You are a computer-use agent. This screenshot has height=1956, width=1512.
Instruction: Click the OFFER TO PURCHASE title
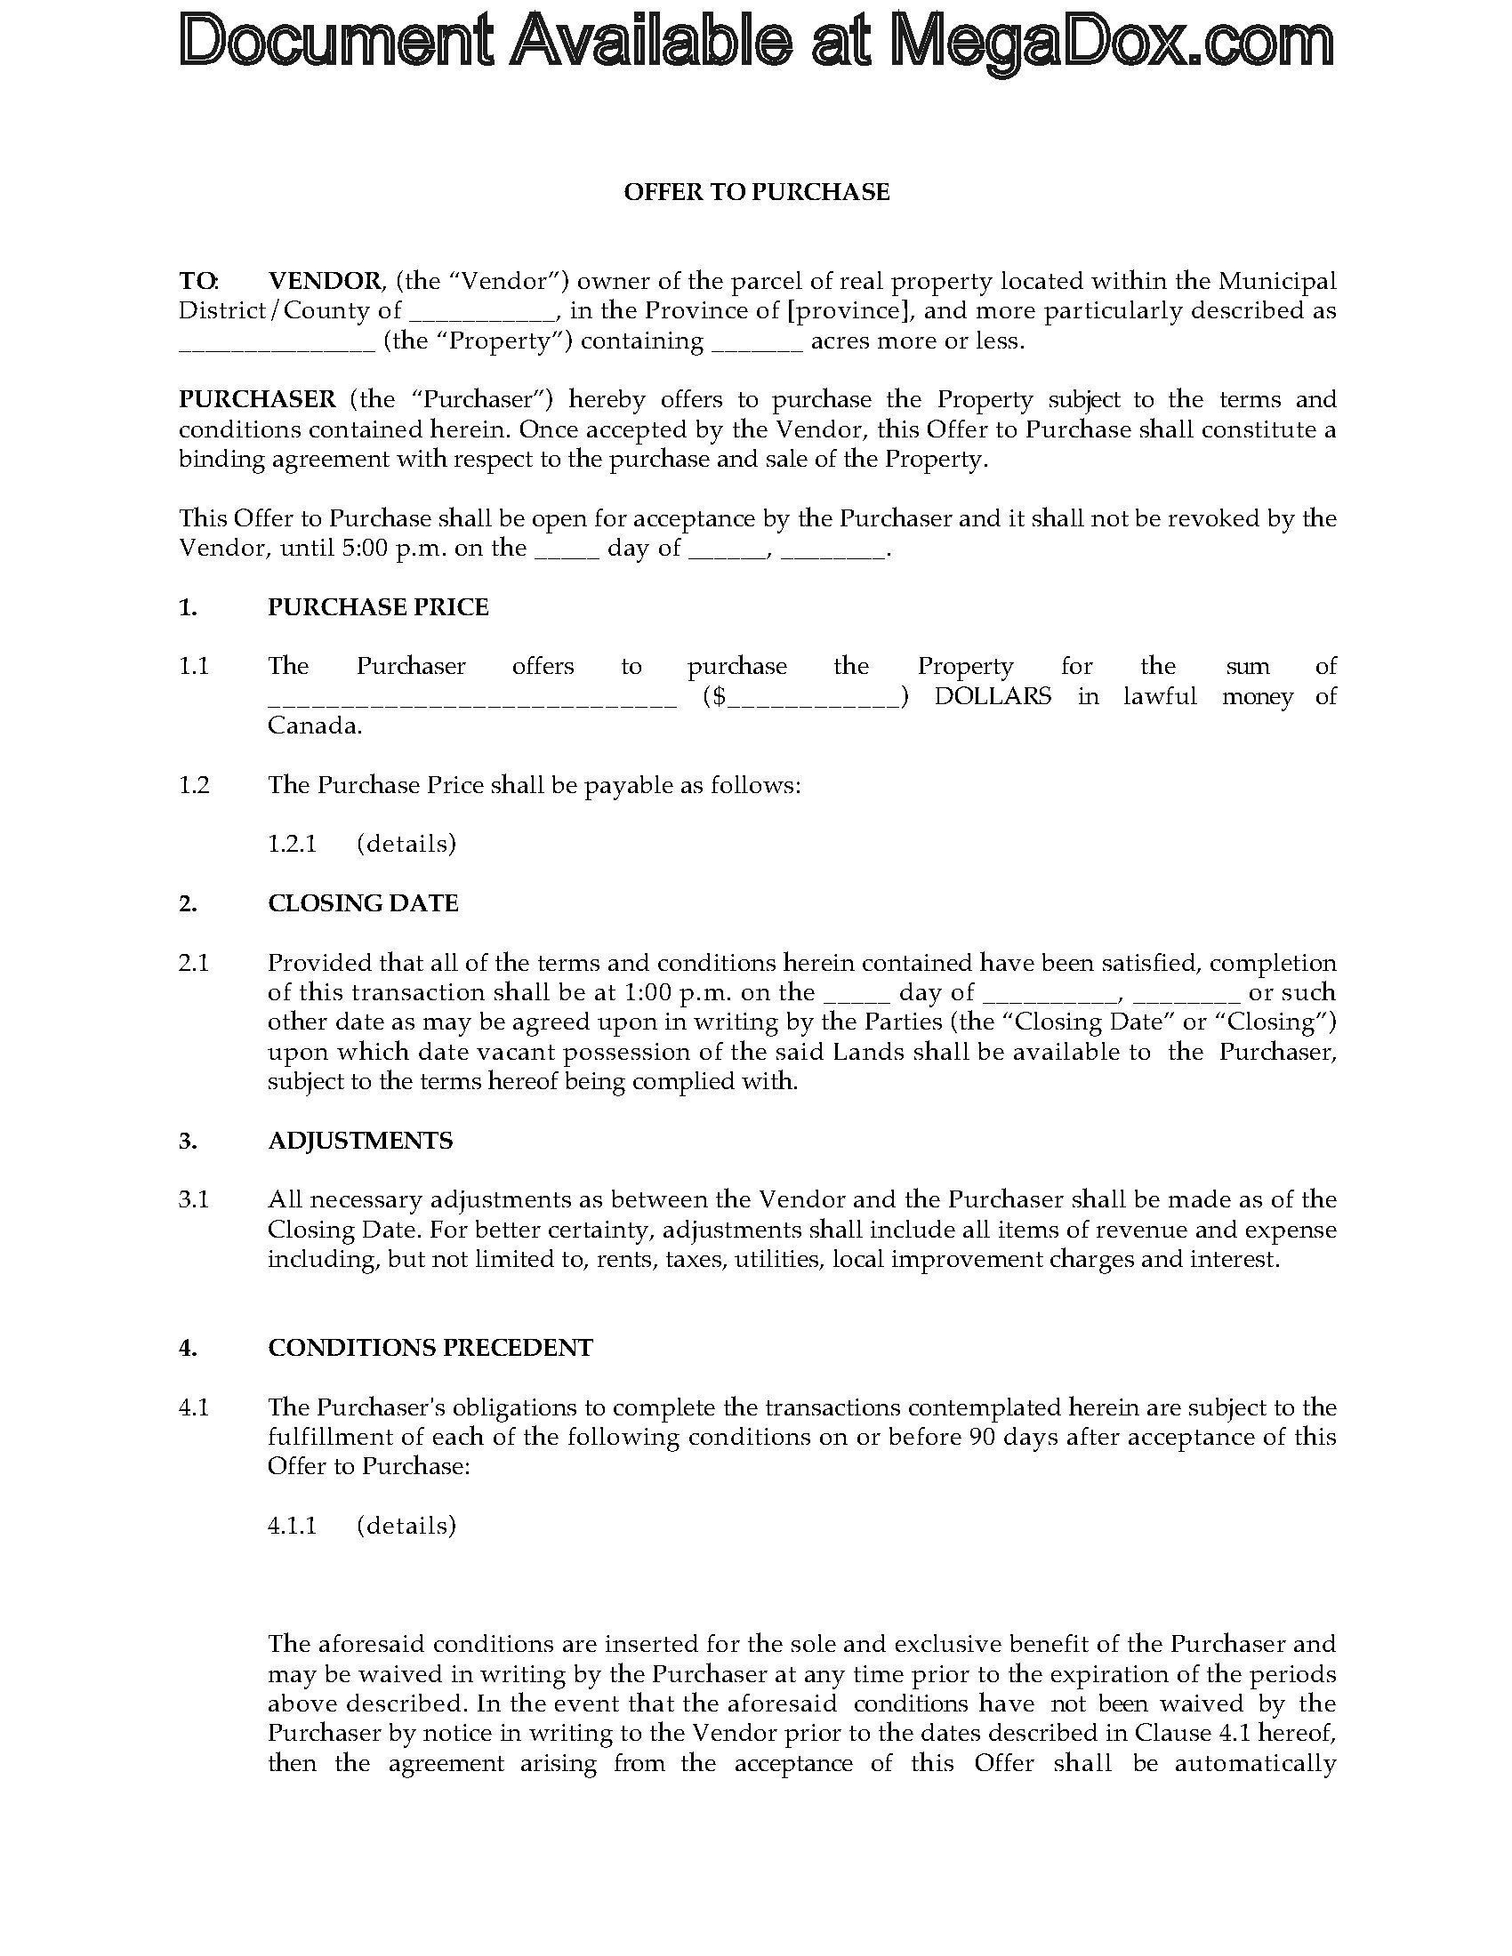click(x=756, y=193)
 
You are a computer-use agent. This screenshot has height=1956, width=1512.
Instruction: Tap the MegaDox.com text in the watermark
click(x=1112, y=42)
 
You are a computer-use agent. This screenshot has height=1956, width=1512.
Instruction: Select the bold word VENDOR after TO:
click(x=326, y=281)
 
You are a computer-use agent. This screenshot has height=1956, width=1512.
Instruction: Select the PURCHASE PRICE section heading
click(x=378, y=607)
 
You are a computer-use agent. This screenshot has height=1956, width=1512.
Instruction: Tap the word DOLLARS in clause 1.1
click(x=993, y=697)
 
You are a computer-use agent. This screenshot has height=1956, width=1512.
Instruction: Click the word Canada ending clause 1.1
click(x=314, y=725)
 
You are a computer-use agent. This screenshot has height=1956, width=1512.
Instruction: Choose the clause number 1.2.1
click(x=292, y=844)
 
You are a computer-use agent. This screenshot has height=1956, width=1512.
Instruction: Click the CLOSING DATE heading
click(x=363, y=902)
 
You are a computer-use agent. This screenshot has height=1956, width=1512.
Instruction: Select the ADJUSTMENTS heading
click(x=360, y=1140)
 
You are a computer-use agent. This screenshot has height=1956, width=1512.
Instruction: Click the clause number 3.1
click(x=194, y=1199)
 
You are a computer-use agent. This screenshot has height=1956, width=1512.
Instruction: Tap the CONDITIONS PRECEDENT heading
click(x=430, y=1348)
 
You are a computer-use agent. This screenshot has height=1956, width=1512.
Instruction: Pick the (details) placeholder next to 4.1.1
click(x=406, y=1525)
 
